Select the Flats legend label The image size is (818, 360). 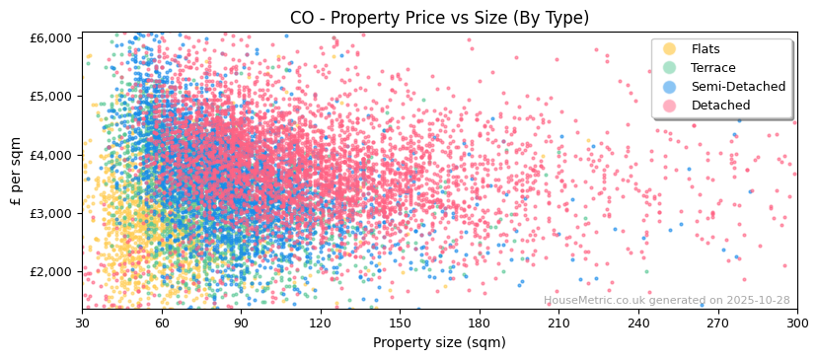[x=706, y=49]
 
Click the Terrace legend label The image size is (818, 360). [x=712, y=68]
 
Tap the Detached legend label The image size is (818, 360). [x=719, y=106]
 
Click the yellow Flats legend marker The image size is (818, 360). [x=670, y=49]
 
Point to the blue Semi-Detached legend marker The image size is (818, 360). [x=670, y=87]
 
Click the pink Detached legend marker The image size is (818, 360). [x=670, y=106]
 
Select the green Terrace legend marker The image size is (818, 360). [x=670, y=68]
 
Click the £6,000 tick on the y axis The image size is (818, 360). [x=50, y=37]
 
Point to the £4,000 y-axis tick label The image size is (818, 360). [x=50, y=155]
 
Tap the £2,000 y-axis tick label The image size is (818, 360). [x=50, y=272]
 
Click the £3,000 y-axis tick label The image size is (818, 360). [x=50, y=213]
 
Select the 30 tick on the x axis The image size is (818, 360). [x=82, y=323]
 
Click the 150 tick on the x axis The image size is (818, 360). [x=400, y=323]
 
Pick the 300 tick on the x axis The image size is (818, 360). [x=796, y=323]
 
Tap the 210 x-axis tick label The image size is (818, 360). [x=558, y=323]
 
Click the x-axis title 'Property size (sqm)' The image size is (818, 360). [x=439, y=342]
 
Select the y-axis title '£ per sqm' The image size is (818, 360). [x=16, y=171]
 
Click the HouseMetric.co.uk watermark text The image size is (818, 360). [x=666, y=300]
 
